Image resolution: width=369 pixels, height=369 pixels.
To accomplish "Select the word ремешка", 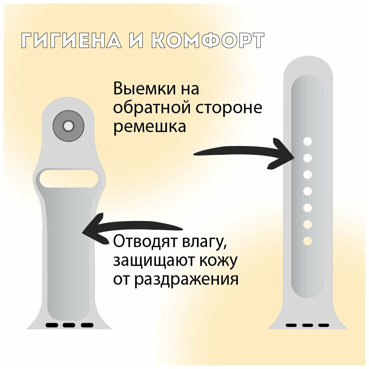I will (150, 127).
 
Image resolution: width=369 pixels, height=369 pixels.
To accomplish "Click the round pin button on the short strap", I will (68, 126).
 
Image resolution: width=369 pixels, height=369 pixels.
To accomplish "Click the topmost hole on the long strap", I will (307, 141).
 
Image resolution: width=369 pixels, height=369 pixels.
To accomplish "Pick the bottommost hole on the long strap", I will (307, 241).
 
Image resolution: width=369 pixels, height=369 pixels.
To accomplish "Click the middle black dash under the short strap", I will (69, 325).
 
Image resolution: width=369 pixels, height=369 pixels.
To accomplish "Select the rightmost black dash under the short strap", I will (87, 325).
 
